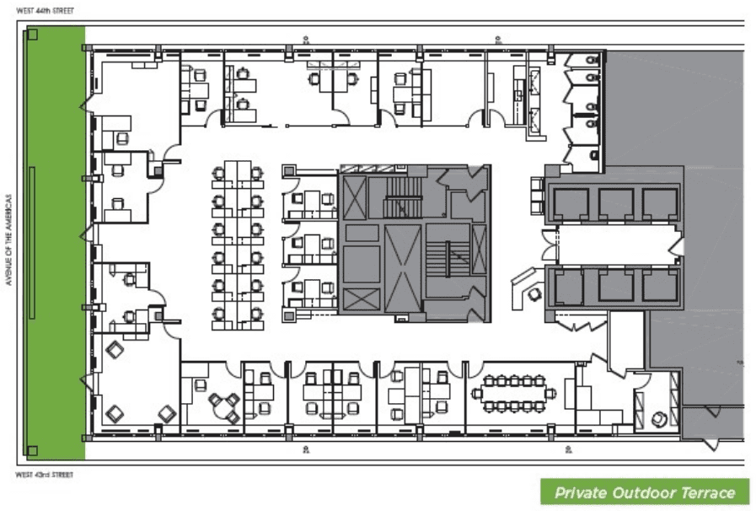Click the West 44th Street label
coord(45,11)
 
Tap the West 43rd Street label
coord(45,475)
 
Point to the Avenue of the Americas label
coord(8,239)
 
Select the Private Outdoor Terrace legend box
coord(645,492)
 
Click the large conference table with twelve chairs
coord(514,393)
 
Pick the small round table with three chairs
coord(223,406)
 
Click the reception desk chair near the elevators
coord(534,293)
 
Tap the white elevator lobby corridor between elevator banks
coord(619,245)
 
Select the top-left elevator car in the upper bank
coord(571,203)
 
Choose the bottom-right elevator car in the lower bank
coord(660,286)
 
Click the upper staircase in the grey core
coord(403,197)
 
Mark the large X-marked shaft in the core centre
coord(403,268)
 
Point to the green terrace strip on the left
coord(56,243)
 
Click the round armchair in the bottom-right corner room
coord(658,419)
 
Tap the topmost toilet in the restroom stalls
coord(592,60)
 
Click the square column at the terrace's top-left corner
coord(32,35)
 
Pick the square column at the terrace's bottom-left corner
coord(32,452)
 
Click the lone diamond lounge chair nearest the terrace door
coord(115,349)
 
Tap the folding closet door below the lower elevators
coord(581,321)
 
